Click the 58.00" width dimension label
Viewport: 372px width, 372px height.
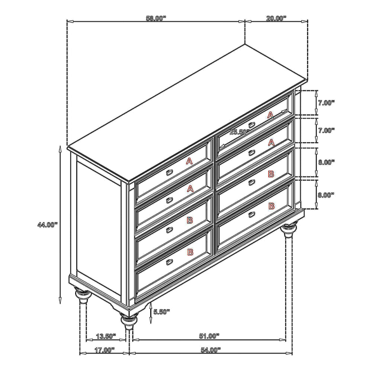click(x=156, y=18)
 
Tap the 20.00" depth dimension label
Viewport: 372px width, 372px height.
click(x=276, y=18)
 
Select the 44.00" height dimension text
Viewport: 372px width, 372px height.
click(x=48, y=225)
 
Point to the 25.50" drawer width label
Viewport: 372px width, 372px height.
click(x=239, y=132)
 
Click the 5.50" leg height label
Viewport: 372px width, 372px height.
click(x=161, y=312)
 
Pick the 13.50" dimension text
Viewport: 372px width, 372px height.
click(x=106, y=336)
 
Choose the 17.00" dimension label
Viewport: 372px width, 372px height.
click(x=105, y=350)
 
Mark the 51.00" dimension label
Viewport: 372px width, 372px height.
click(x=209, y=336)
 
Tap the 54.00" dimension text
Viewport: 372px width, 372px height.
click(x=211, y=350)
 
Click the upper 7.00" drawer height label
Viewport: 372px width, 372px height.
click(x=326, y=103)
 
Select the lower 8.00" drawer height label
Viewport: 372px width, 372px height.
click(x=326, y=195)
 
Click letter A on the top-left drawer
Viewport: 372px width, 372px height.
click(x=189, y=161)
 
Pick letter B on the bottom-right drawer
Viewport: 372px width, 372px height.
click(x=272, y=206)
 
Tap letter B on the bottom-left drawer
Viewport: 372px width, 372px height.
click(x=190, y=252)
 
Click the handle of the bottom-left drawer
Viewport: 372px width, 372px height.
click(x=169, y=262)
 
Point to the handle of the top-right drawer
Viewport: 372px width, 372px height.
click(x=252, y=125)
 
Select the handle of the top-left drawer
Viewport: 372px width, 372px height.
click(x=169, y=173)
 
